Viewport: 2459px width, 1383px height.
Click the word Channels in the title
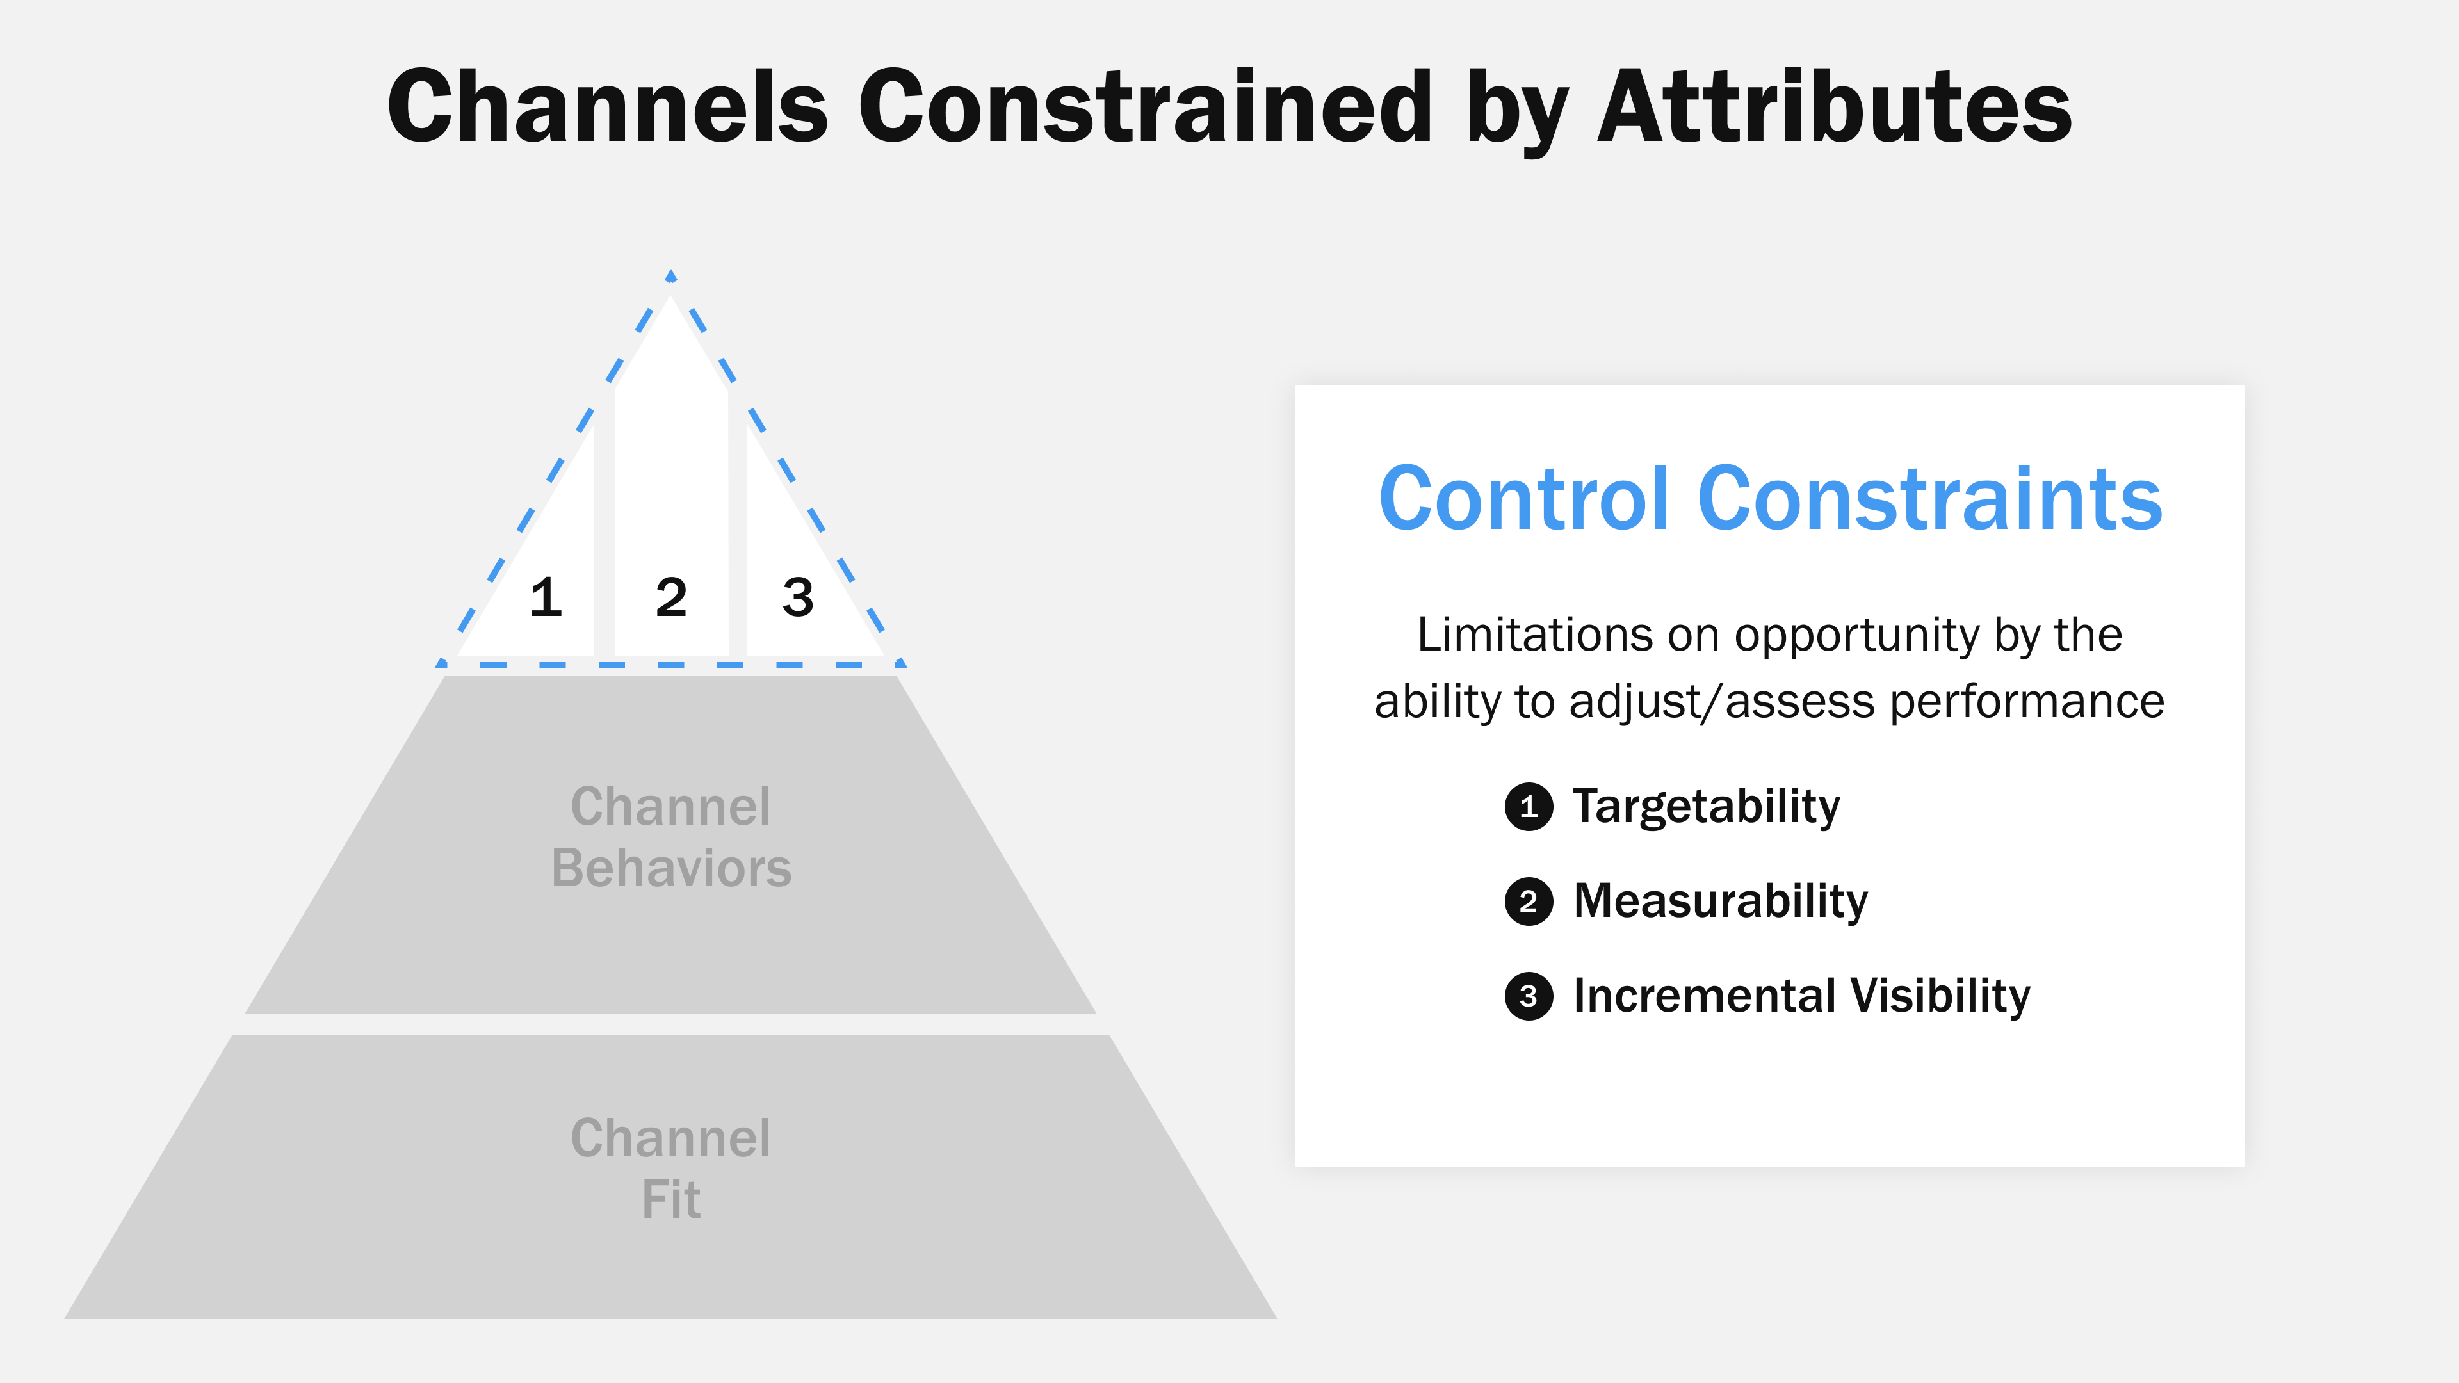pos(607,107)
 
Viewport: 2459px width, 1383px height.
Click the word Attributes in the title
pos(1834,107)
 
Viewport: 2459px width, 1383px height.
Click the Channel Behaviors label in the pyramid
pos(671,837)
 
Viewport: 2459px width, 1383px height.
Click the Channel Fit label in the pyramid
pos(671,1169)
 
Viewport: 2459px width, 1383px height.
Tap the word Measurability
pos(1719,901)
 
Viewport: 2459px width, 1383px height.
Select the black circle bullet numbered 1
pos(1529,807)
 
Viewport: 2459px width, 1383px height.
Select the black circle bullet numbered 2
pos(1529,901)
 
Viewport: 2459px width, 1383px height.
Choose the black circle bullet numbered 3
pos(1529,996)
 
